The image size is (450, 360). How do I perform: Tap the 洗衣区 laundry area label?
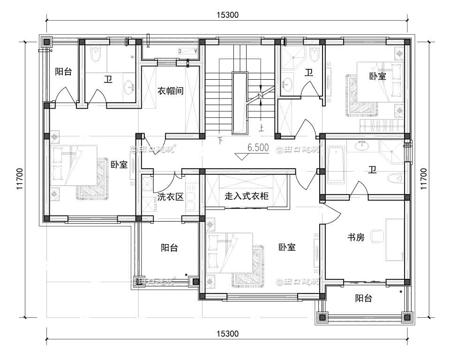[170, 197]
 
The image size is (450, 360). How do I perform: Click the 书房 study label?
[355, 237]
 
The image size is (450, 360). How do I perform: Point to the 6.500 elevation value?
[258, 148]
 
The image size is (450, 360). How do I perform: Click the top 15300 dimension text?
[228, 15]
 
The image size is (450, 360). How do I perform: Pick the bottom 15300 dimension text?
[228, 334]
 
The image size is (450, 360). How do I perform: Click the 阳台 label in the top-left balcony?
[63, 72]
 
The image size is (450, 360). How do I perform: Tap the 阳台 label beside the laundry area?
[169, 248]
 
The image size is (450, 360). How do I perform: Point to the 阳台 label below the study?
[363, 298]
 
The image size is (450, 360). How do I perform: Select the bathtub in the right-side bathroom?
[336, 165]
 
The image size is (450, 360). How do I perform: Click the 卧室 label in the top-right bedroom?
[378, 76]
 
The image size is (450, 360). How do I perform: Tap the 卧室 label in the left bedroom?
[119, 165]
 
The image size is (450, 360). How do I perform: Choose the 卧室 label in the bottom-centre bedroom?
[287, 247]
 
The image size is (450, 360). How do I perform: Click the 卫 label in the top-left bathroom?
[108, 80]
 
